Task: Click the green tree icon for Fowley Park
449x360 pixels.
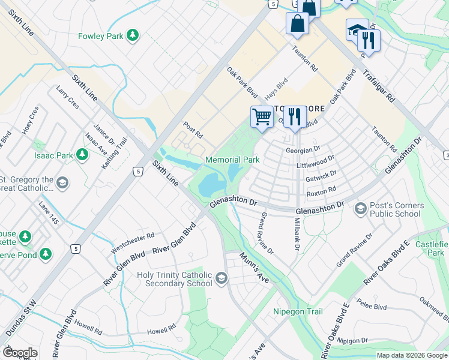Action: pos(133,36)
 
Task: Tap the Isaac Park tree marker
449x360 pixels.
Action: pos(82,155)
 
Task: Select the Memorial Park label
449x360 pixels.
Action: pos(232,160)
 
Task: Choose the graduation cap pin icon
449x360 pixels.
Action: pos(356,29)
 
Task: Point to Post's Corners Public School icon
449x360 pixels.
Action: pos(361,208)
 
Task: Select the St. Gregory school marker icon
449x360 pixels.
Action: pos(62,182)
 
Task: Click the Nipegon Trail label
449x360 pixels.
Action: pos(298,311)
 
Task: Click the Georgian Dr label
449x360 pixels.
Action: pos(304,150)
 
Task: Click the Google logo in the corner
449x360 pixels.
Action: pos(20,353)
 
